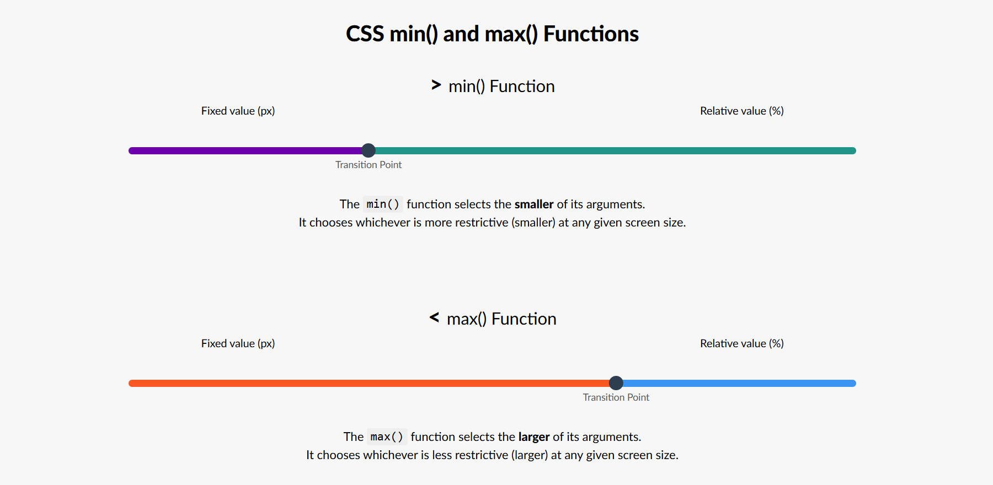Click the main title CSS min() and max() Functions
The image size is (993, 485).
(x=492, y=34)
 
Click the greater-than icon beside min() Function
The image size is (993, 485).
(x=436, y=85)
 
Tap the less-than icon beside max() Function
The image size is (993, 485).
(x=434, y=317)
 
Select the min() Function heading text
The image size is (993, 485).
(x=501, y=87)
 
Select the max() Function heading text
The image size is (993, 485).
(x=501, y=319)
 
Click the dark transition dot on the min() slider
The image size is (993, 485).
(x=369, y=150)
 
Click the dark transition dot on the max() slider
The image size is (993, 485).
(x=616, y=383)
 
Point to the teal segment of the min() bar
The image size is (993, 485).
(x=612, y=150)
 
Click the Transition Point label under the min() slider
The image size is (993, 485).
(x=369, y=165)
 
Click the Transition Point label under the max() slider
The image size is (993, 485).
(x=616, y=397)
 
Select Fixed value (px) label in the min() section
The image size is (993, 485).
(x=238, y=111)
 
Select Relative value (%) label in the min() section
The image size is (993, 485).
(x=741, y=111)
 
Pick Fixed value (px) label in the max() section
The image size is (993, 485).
(x=238, y=343)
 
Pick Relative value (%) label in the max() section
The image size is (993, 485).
(x=741, y=343)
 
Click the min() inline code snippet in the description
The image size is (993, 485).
(x=383, y=204)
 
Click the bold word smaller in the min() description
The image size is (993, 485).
(x=533, y=204)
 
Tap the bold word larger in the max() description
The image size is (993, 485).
(x=533, y=437)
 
